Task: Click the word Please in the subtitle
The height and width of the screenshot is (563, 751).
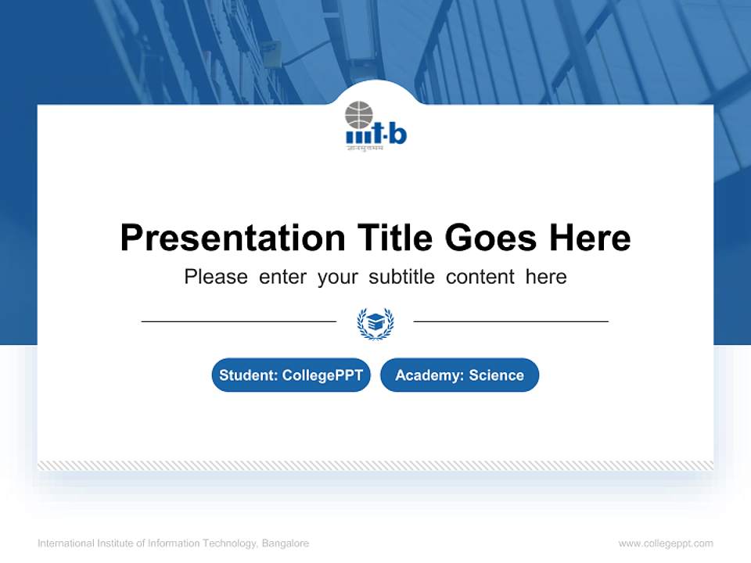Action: tap(216, 277)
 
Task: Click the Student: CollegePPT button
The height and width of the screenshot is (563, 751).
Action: tap(291, 375)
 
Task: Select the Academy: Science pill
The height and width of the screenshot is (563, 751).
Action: tap(459, 375)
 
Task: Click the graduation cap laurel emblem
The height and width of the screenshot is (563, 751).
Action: tap(375, 322)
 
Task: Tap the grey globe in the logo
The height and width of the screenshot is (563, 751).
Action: tap(359, 114)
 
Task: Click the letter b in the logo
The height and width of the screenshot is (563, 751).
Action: tap(397, 134)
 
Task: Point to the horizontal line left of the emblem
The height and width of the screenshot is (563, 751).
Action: tap(239, 321)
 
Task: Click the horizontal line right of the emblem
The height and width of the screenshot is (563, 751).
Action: tap(511, 321)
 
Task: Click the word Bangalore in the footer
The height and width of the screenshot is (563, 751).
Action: tap(286, 543)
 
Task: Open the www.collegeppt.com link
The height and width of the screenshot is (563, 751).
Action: tap(666, 543)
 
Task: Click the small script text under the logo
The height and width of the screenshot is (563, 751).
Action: tap(365, 148)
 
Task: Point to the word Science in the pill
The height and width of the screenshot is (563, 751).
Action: tap(497, 375)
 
